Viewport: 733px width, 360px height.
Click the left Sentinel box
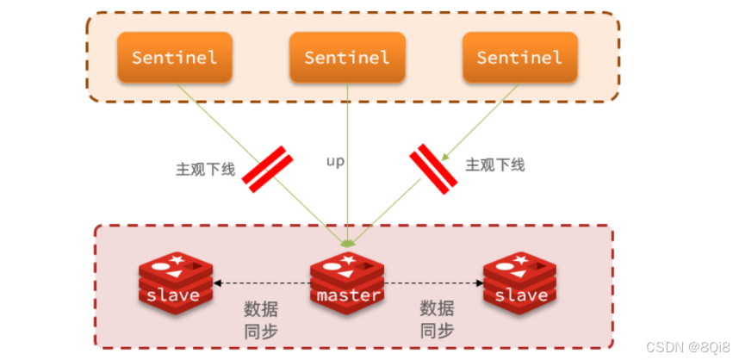175,58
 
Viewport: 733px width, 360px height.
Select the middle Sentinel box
346,58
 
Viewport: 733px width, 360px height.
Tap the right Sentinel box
519,58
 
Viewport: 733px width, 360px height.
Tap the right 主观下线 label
494,164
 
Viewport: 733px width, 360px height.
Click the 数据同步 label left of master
260,320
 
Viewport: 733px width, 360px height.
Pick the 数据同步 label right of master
437,320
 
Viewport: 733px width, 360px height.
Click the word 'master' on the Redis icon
348,295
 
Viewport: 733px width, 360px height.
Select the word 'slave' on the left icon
173,295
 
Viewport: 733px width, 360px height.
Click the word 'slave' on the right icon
521,295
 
